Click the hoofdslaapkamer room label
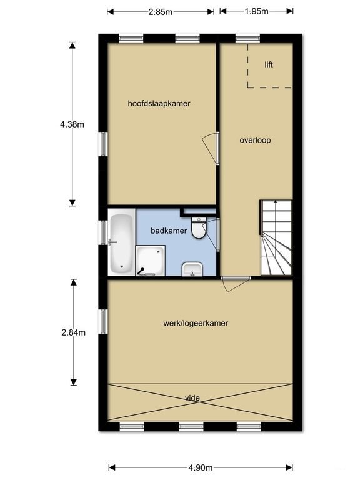pos(159,104)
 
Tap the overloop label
pos(255,140)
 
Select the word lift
pos(269,64)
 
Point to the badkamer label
pos(168,231)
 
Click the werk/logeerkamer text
pos(196,324)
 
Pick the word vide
pos(193,397)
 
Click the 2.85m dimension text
pos(161,11)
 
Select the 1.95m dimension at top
pos(256,11)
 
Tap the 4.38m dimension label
pos(72,124)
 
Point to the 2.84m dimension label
pos(73,332)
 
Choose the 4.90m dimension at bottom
pos(201,467)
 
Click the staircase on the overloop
pos(276,239)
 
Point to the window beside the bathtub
pos(104,232)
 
